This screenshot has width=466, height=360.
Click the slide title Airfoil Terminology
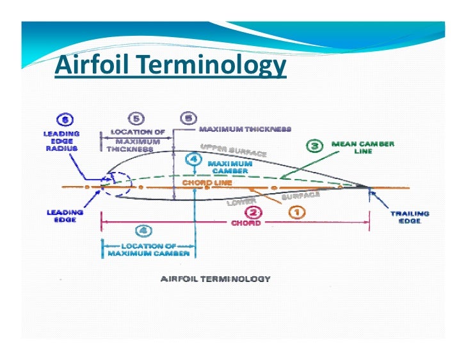point(170,65)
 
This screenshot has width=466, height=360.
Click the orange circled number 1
point(296,211)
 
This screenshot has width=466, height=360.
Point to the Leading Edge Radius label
point(62,140)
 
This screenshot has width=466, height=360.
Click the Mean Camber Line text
point(362,148)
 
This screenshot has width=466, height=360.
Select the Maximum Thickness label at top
point(245,129)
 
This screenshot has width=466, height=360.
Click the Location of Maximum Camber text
point(149,249)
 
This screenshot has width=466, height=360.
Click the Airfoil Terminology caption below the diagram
point(215,279)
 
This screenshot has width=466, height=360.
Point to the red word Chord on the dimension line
point(245,223)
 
